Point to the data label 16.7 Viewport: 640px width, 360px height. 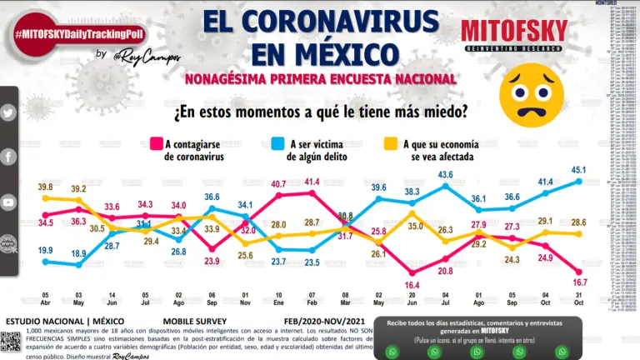pos(578,283)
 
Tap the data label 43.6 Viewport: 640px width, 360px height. pos(445,174)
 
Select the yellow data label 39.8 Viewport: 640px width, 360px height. pos(45,186)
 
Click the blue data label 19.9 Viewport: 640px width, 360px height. pos(45,250)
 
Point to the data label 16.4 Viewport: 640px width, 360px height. pos(412,284)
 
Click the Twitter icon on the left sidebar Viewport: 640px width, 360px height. pos(8,112)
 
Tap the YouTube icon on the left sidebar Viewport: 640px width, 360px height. pos(8,202)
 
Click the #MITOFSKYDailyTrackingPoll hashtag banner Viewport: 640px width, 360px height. pos(76,33)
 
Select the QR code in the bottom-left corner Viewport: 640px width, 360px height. pos(10,342)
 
